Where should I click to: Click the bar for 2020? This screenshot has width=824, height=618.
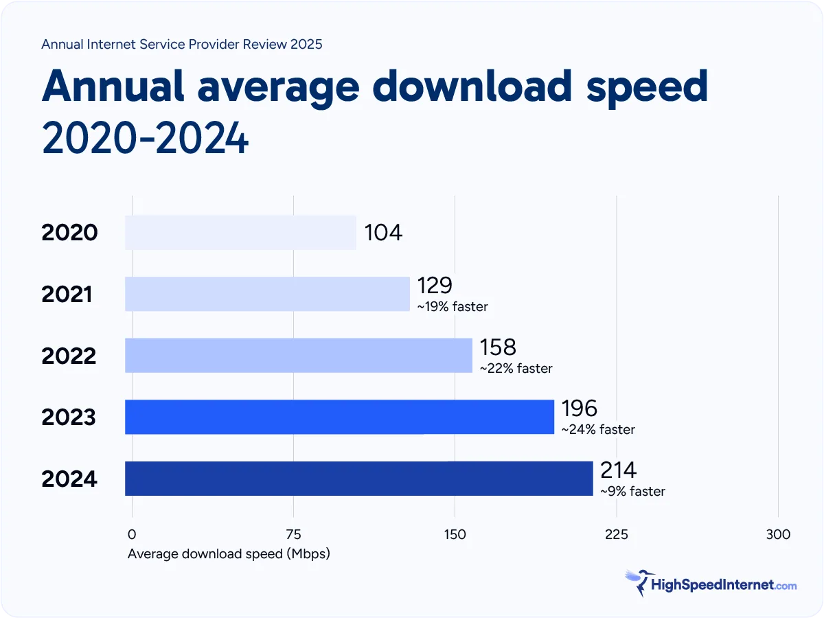[240, 232]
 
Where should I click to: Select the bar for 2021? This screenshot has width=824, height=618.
[267, 294]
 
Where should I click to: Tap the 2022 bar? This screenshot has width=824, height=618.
[299, 355]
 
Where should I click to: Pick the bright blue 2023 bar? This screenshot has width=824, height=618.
[339, 417]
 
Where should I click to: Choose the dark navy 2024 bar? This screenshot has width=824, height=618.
[358, 479]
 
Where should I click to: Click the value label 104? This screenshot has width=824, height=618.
[383, 233]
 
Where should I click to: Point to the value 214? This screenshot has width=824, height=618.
[618, 470]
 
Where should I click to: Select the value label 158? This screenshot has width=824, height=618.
[498, 347]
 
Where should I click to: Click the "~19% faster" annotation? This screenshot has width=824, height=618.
[452, 307]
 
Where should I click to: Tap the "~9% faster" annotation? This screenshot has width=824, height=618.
[632, 492]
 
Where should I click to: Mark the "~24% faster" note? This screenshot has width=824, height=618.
[597, 430]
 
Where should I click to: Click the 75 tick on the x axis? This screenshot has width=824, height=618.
[293, 534]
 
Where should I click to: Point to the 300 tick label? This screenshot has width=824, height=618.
[778, 534]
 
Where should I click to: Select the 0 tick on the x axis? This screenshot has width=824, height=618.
[132, 534]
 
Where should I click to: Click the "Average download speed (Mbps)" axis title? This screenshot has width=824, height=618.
[229, 553]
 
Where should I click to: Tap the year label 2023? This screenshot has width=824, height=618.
[69, 417]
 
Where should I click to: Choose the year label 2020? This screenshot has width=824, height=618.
[69, 233]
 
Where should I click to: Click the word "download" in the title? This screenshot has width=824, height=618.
[468, 87]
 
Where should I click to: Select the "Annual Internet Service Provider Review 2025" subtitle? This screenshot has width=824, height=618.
[182, 45]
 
